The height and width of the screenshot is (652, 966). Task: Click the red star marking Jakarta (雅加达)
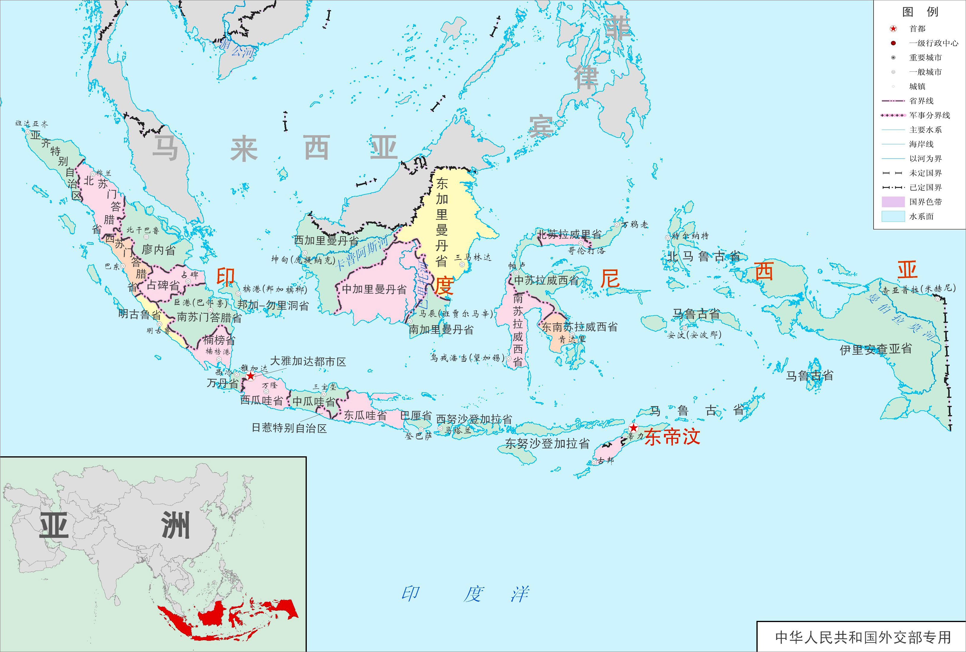pyautogui.click(x=251, y=376)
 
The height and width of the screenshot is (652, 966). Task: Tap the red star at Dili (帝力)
pyautogui.click(x=633, y=428)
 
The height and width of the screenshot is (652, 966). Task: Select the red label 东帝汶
pyautogui.click(x=672, y=437)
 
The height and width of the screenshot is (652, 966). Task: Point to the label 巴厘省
pyautogui.click(x=416, y=415)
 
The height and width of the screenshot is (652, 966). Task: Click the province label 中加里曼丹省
pyautogui.click(x=374, y=289)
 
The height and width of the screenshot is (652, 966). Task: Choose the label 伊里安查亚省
pyautogui.click(x=876, y=349)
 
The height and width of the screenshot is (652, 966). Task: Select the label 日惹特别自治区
pyautogui.click(x=289, y=428)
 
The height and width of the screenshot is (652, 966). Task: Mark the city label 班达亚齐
pyautogui.click(x=32, y=124)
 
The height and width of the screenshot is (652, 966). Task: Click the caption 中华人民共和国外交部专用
pyautogui.click(x=863, y=637)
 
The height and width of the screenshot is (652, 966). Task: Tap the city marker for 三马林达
pyautogui.click(x=462, y=264)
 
